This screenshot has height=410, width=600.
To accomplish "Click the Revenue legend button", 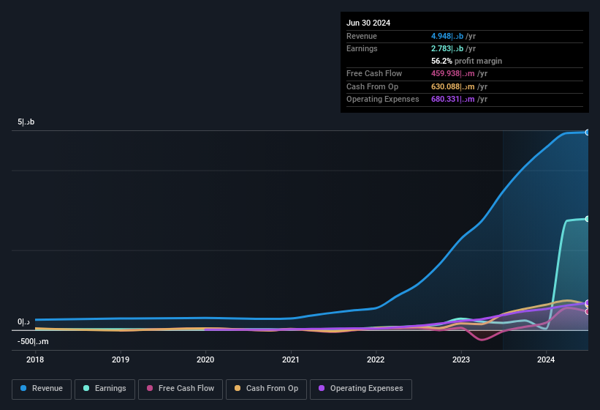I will click(x=42, y=389).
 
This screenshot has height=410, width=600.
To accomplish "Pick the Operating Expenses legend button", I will click(x=361, y=389).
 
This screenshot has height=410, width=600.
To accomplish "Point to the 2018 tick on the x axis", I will click(x=35, y=359).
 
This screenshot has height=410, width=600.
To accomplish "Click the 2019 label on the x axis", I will click(x=121, y=359).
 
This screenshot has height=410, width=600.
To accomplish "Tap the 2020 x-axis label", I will click(x=205, y=359).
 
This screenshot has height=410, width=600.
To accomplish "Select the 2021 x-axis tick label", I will click(x=291, y=359).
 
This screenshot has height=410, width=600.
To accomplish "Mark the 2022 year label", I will click(x=376, y=359).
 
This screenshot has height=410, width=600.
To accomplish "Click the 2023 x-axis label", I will click(x=461, y=359).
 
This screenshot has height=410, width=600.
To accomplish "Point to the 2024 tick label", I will click(x=546, y=359).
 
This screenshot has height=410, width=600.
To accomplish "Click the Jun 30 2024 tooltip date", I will click(x=368, y=23).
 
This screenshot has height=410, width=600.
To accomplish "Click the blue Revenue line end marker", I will click(x=588, y=133).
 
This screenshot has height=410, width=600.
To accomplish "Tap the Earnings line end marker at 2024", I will click(x=588, y=219).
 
